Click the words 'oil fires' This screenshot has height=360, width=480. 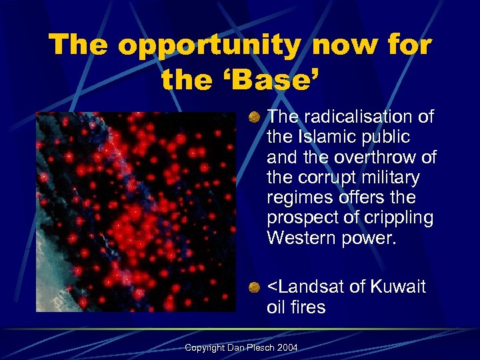[296, 307]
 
